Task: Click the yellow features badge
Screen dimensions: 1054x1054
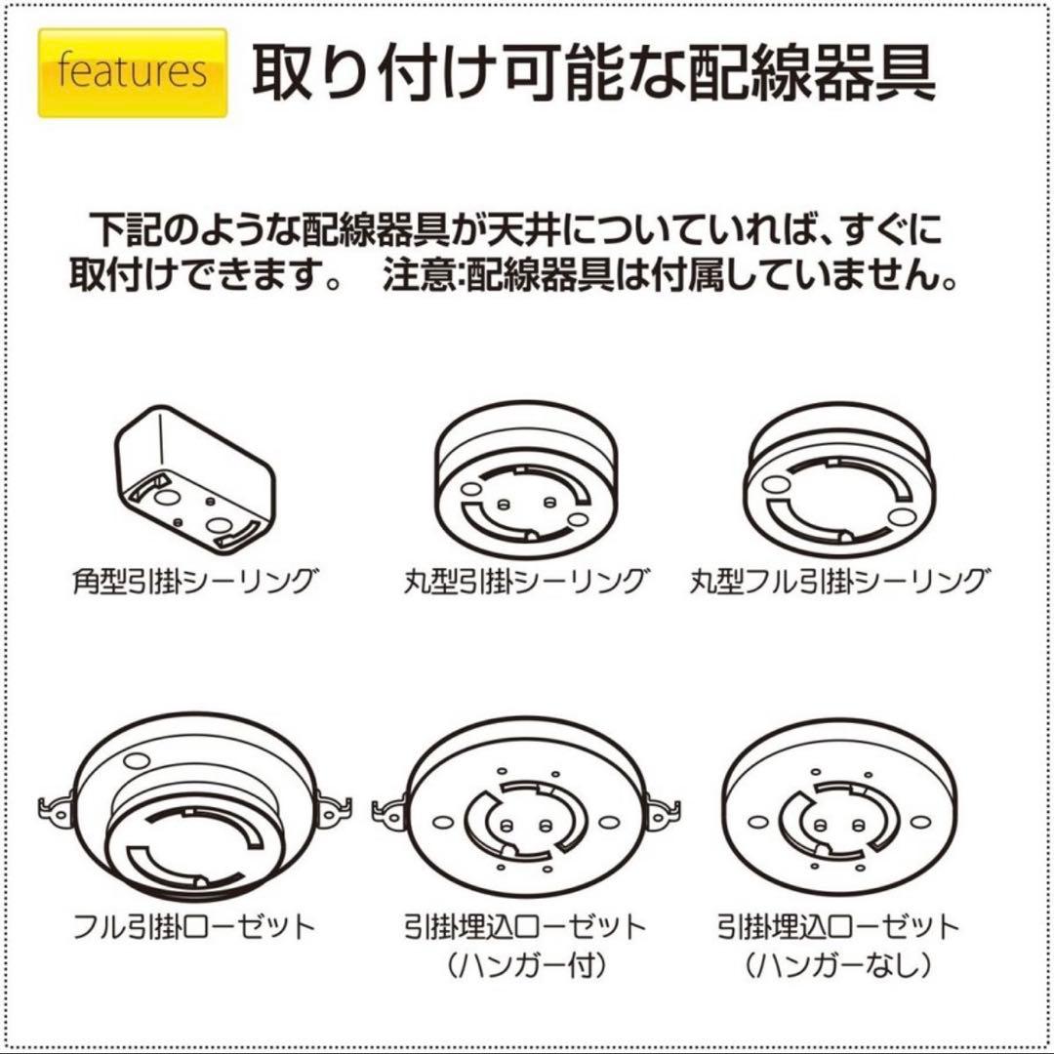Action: [133, 72]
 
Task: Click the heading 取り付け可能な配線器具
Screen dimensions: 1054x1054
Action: [593, 72]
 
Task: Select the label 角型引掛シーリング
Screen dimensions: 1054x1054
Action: [195, 583]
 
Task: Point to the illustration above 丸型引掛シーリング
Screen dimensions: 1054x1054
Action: [527, 482]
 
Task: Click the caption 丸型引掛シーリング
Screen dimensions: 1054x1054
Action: [527, 583]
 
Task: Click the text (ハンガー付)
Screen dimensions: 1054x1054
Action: [527, 966]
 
